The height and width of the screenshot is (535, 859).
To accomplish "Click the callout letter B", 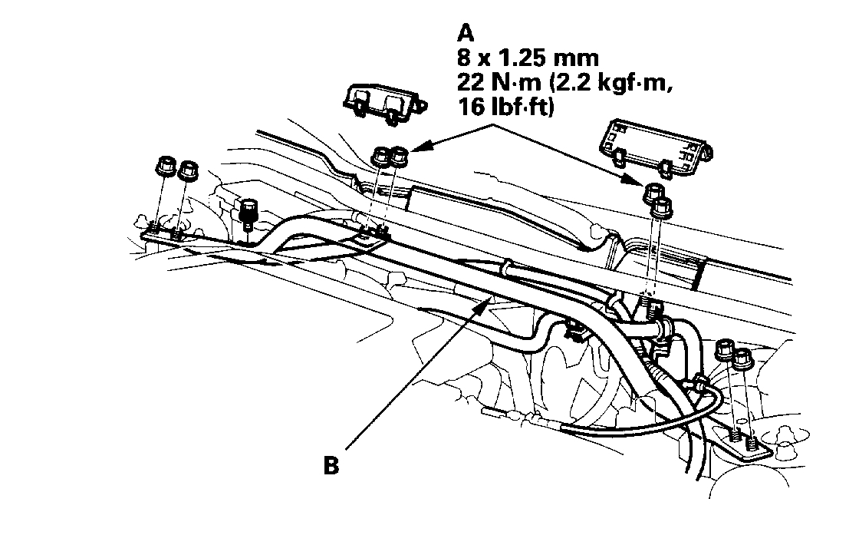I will tap(331, 466).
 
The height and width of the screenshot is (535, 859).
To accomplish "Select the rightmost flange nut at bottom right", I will tap(742, 358).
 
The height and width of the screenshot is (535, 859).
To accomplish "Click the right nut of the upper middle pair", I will tap(399, 157).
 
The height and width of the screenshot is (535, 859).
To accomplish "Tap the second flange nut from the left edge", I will tap(187, 170).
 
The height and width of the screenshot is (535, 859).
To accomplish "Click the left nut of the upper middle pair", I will tap(380, 157).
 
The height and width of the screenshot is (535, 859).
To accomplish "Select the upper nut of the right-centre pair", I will tap(651, 192).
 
